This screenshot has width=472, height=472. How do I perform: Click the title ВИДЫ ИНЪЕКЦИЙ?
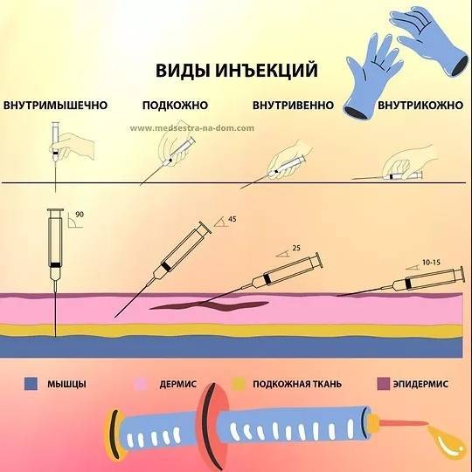click(x=237, y=70)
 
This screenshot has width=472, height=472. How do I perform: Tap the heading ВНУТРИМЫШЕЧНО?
click(x=55, y=106)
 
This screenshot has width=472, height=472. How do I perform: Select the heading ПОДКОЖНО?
click(x=175, y=106)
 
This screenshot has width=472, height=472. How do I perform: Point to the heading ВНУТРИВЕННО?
click(x=293, y=106)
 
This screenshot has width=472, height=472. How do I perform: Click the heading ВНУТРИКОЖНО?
click(x=420, y=106)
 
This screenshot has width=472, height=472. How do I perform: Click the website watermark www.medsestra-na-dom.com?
click(x=192, y=128)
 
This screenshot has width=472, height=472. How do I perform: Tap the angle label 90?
click(x=80, y=215)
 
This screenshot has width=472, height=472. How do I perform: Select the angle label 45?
click(x=233, y=219)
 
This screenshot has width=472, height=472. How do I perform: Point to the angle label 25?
click(x=296, y=248)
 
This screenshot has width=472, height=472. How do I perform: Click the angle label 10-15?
click(x=431, y=263)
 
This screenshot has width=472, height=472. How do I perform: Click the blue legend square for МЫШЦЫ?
click(x=31, y=384)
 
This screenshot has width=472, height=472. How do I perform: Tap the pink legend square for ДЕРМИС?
click(x=140, y=384)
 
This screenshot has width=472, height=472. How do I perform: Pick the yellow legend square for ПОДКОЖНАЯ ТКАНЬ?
click(x=239, y=384)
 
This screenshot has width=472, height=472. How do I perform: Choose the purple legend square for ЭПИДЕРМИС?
click(x=384, y=384)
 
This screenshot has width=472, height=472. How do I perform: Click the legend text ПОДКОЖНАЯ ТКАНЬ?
click(x=297, y=384)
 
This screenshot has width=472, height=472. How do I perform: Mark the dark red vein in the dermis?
click(x=209, y=306)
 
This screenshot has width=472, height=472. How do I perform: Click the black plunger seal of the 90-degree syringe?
click(x=55, y=265)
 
